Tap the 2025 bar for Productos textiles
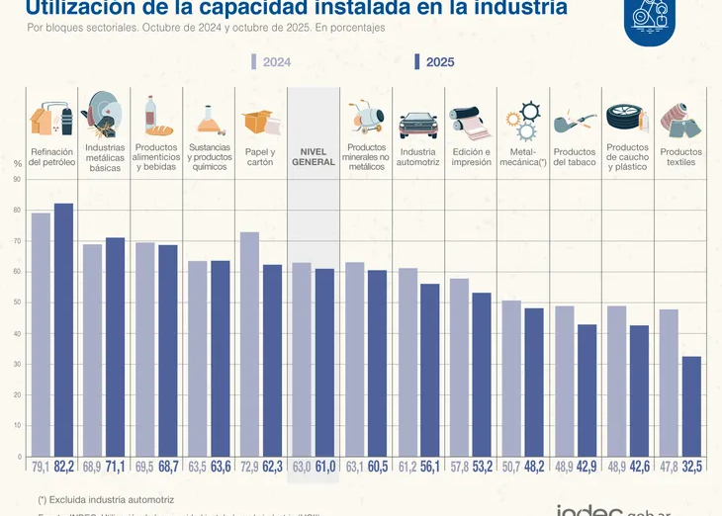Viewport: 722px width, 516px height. coord(691,405)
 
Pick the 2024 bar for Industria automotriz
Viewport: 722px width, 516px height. coord(407,362)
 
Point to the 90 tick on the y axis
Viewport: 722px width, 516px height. coord(17,179)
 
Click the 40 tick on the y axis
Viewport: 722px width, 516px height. coord(17,333)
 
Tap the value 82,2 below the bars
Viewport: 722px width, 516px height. coord(64,467)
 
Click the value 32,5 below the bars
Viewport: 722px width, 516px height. coord(692,467)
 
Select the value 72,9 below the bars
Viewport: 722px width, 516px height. coord(249,467)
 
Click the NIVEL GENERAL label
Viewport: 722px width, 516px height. coord(314,157)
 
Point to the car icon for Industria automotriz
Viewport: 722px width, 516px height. coord(417,126)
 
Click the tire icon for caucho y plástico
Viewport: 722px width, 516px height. coord(626,120)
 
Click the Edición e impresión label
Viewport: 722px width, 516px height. coord(471,157)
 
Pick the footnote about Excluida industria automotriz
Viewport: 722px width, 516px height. coord(106,500)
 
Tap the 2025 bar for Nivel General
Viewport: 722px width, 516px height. coord(324,362)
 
